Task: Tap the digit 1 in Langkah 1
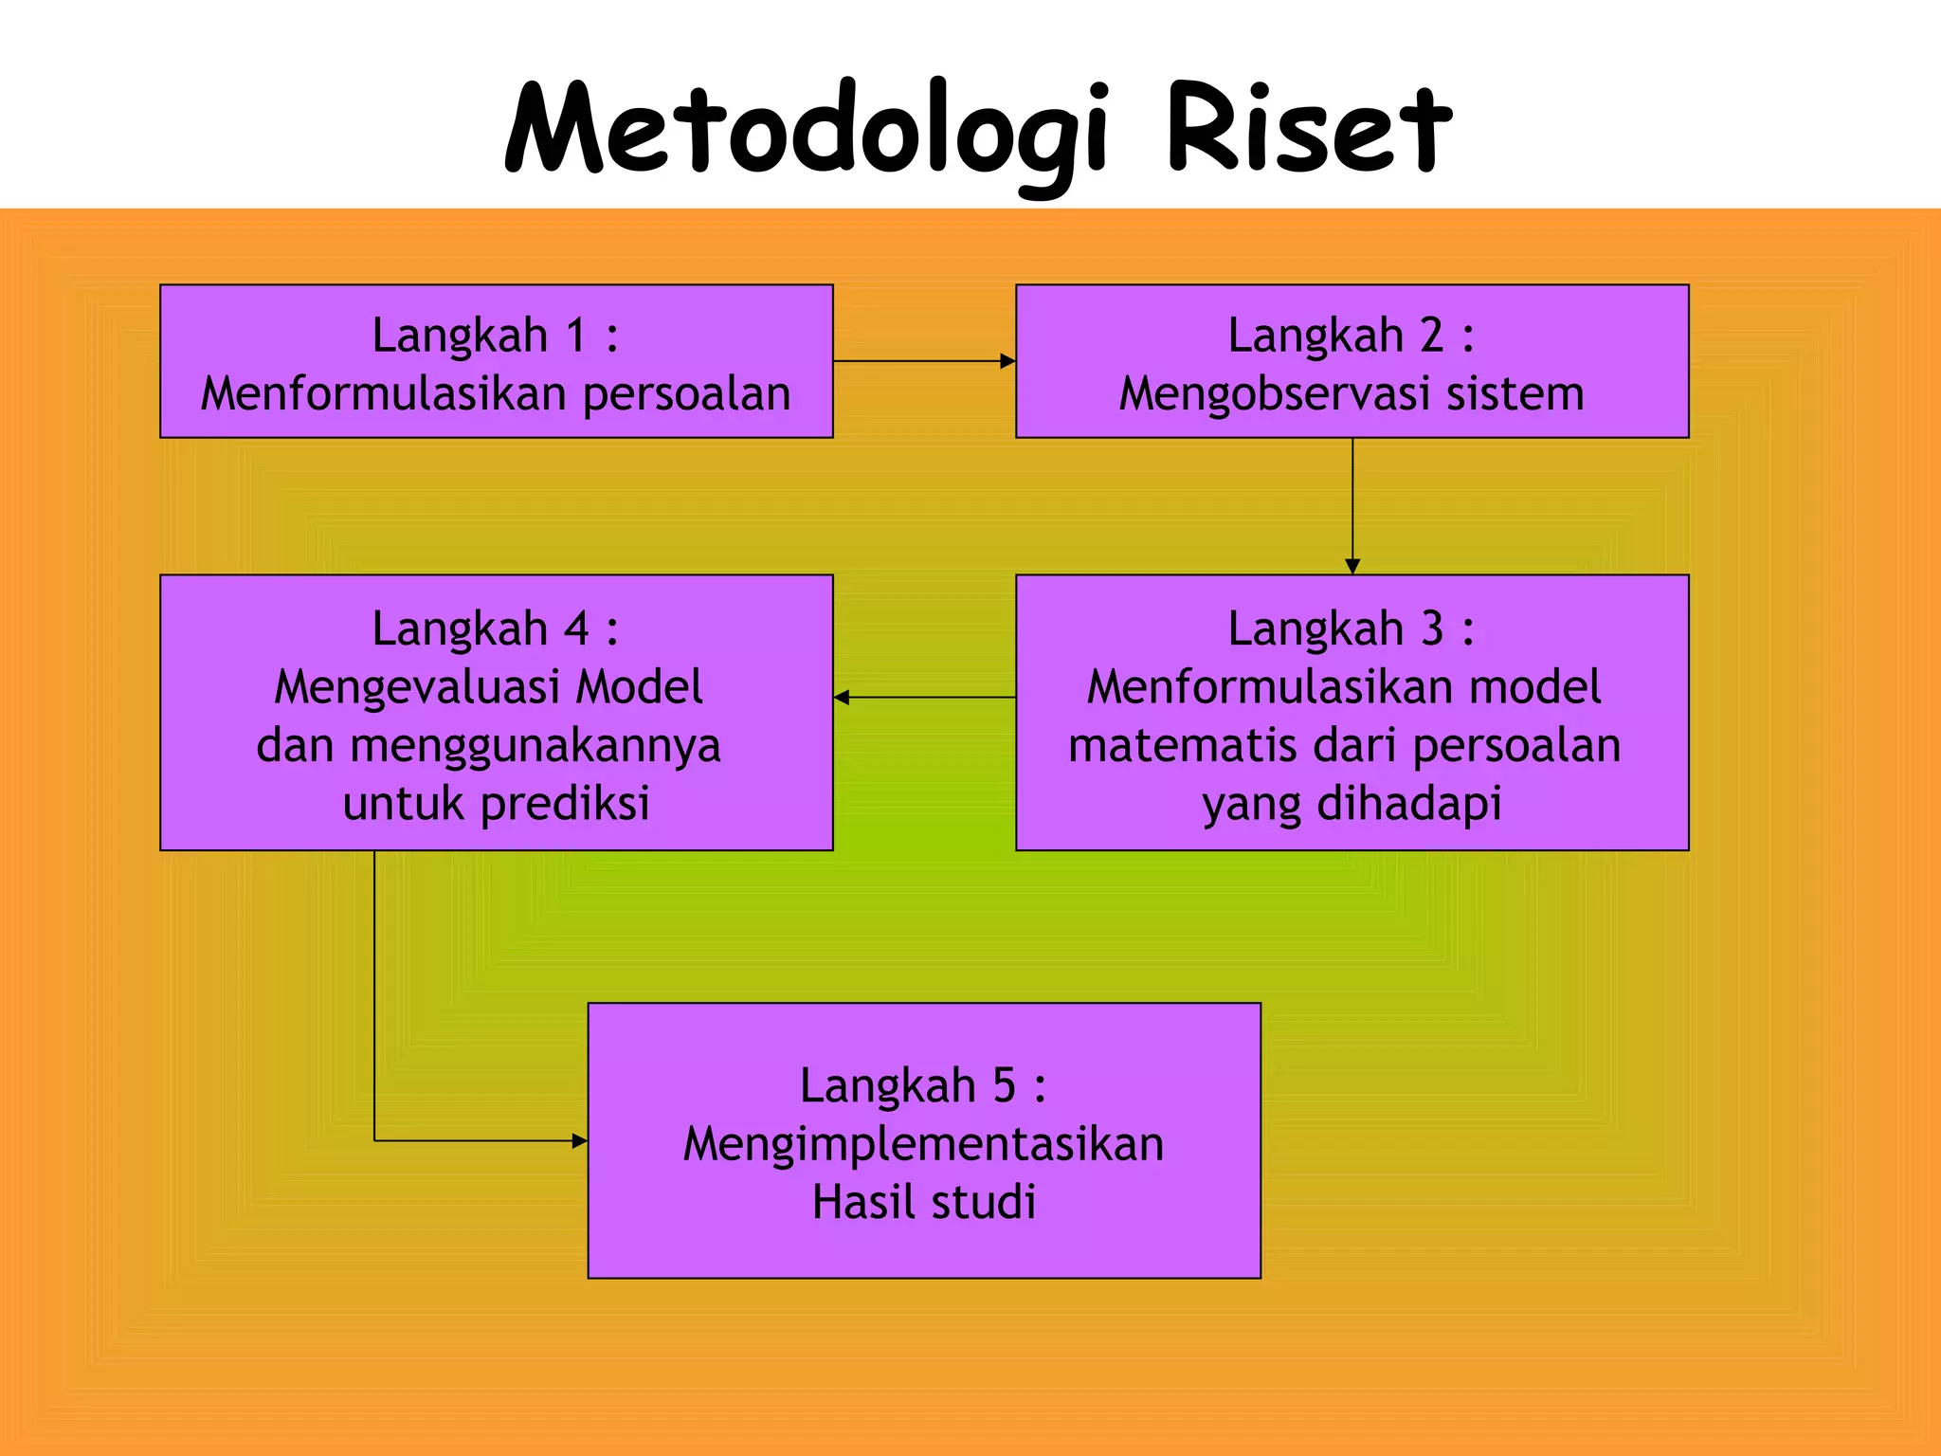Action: click(575, 336)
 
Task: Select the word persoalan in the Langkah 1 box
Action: click(686, 394)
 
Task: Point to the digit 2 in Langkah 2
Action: click(1430, 336)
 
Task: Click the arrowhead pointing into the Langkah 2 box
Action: click(1007, 361)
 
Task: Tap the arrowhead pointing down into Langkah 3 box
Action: click(1352, 566)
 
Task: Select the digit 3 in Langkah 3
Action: click(1431, 628)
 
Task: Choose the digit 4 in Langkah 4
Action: click(575, 628)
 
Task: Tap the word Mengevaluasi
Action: click(416, 687)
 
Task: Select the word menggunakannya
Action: click(535, 746)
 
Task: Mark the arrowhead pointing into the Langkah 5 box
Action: click(580, 1140)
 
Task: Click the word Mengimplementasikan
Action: click(923, 1144)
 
